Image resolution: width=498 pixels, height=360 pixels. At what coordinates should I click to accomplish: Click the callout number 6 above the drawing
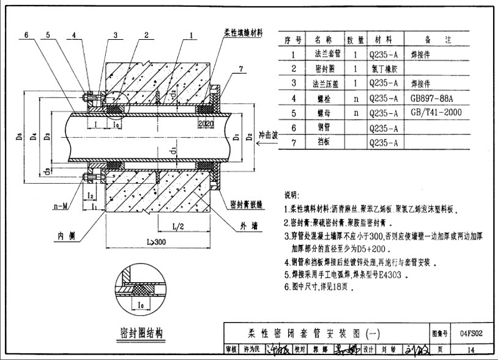point(27,36)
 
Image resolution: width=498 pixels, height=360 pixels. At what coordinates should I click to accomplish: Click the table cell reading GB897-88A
point(432,97)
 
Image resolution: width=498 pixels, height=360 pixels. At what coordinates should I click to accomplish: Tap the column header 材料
point(383,39)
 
